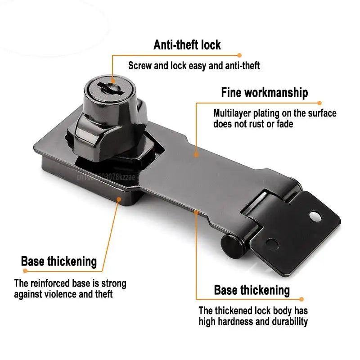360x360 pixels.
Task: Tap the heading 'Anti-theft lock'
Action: tap(187, 45)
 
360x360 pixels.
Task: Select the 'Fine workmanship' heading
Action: tap(265, 93)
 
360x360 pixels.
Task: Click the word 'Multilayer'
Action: tap(230, 113)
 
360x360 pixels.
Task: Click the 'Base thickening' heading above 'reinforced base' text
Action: tap(59, 261)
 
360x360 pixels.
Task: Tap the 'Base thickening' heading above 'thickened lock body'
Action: tap(252, 290)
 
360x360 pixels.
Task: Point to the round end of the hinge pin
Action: tap(226, 246)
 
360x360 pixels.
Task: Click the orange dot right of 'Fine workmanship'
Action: tap(320, 103)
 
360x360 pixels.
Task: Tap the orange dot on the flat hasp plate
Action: tap(197, 154)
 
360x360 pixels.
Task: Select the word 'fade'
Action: tap(284, 124)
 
